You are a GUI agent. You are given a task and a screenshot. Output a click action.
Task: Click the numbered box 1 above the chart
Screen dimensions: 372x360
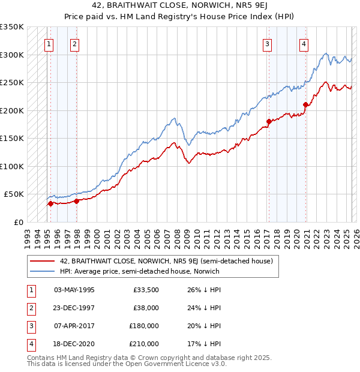click(47, 43)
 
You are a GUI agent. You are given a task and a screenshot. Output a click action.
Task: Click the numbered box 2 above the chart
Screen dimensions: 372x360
click(74, 43)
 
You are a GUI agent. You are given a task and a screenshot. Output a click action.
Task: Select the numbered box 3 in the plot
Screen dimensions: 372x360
click(266, 43)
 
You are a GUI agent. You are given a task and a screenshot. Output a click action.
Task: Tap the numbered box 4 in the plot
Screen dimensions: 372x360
click(304, 43)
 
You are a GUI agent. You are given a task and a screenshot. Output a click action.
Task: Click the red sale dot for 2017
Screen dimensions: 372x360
click(268, 121)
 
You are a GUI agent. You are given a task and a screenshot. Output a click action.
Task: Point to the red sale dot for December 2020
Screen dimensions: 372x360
click(305, 104)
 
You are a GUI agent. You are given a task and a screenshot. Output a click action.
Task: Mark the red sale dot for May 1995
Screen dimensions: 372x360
click(50, 203)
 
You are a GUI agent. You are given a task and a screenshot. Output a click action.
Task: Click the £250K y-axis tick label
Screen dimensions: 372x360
click(11, 83)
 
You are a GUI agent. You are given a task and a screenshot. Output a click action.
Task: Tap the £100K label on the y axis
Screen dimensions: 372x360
click(11, 166)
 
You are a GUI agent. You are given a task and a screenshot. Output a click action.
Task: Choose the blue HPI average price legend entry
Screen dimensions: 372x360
click(139, 271)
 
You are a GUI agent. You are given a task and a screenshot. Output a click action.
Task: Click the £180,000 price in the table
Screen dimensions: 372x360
click(145, 327)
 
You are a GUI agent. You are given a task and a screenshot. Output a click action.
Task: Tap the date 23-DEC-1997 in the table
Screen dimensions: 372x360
click(74, 308)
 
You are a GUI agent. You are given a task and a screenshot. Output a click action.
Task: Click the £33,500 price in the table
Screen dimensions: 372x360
click(146, 290)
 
